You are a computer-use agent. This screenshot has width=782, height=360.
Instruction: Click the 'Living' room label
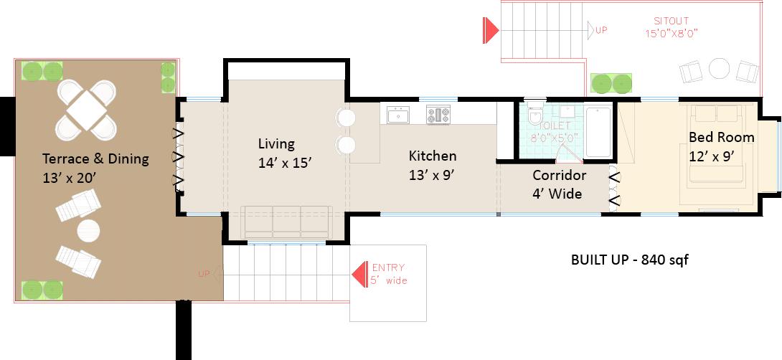(276, 144)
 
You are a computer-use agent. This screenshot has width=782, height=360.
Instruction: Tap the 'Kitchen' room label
(433, 156)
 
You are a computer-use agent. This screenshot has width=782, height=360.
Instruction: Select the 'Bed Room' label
(722, 137)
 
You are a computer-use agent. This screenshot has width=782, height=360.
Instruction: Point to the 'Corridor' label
(559, 176)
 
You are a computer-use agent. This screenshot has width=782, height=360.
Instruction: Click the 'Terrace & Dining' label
(95, 159)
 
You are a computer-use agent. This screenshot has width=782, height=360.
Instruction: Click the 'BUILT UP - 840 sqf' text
(629, 260)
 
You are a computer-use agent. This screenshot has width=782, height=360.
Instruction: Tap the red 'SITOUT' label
(672, 21)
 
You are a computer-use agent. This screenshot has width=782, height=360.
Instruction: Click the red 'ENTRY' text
(389, 267)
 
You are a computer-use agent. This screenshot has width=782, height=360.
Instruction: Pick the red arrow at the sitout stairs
(491, 30)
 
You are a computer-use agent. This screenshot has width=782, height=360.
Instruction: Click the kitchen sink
(398, 115)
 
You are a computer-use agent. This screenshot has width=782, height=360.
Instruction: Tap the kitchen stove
(438, 115)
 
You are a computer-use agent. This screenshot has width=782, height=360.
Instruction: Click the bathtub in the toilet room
(598, 132)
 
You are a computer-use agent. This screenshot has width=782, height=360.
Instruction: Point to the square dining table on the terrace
(86, 110)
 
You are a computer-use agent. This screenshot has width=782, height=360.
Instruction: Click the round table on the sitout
(719, 68)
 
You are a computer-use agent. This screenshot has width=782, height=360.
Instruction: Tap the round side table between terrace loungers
(88, 231)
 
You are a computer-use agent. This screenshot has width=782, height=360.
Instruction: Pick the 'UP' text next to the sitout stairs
(601, 30)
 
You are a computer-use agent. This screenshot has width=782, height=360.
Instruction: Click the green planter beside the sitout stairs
(611, 83)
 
